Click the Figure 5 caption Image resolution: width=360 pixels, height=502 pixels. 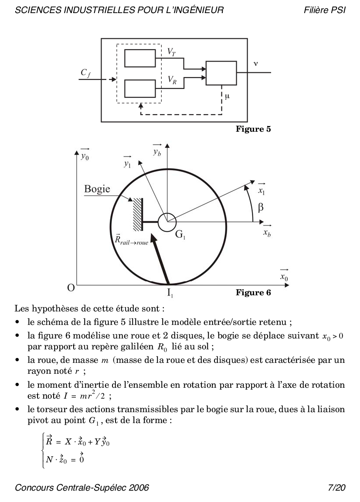[253, 129]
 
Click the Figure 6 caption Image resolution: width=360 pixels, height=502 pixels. [253, 292]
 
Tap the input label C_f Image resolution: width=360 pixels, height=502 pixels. [85, 73]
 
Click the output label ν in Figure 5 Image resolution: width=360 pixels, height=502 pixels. [255, 64]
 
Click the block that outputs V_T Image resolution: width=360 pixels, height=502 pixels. [140, 58]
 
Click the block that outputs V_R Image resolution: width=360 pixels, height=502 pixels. [140, 88]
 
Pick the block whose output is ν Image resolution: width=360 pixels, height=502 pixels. [221, 73]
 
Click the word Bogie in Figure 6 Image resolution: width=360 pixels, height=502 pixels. [97, 190]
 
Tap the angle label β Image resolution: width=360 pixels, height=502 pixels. [260, 208]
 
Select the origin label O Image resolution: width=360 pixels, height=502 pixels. [70, 288]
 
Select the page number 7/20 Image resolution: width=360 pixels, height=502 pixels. [336, 487]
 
